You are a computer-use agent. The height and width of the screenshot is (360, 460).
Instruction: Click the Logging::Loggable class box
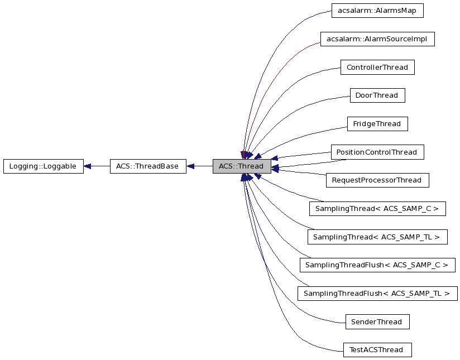tap(43, 166)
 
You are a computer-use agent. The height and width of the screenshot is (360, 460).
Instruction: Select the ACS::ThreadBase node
tap(147, 166)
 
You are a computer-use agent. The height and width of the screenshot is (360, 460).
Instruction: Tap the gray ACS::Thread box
tap(241, 166)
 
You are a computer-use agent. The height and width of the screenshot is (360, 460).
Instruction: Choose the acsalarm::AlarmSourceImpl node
tap(377, 39)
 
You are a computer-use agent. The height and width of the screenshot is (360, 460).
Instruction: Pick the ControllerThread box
tap(377, 68)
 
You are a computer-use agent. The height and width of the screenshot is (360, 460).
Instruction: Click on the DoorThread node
tap(377, 95)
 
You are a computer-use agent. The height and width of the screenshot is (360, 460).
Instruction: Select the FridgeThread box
tap(377, 124)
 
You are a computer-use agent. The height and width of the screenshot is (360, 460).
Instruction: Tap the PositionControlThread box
tap(377, 152)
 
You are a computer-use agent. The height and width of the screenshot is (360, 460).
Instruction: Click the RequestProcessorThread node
tap(377, 180)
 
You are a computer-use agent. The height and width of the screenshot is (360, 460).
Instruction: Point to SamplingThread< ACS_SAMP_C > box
tap(377, 209)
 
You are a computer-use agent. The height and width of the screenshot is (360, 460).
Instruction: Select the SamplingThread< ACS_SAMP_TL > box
tap(377, 237)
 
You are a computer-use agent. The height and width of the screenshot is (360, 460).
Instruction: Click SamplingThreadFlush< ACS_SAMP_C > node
tap(377, 265)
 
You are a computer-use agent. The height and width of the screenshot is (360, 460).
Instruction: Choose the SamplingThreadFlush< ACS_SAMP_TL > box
tap(377, 294)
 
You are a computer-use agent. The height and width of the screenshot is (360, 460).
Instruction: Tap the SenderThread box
tap(377, 322)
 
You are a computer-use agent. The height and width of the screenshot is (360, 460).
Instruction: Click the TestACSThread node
tap(377, 350)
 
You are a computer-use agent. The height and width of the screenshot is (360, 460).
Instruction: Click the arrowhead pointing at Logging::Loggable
tap(88, 166)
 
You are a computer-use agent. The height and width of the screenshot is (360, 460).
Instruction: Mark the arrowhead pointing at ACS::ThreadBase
tap(190, 166)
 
